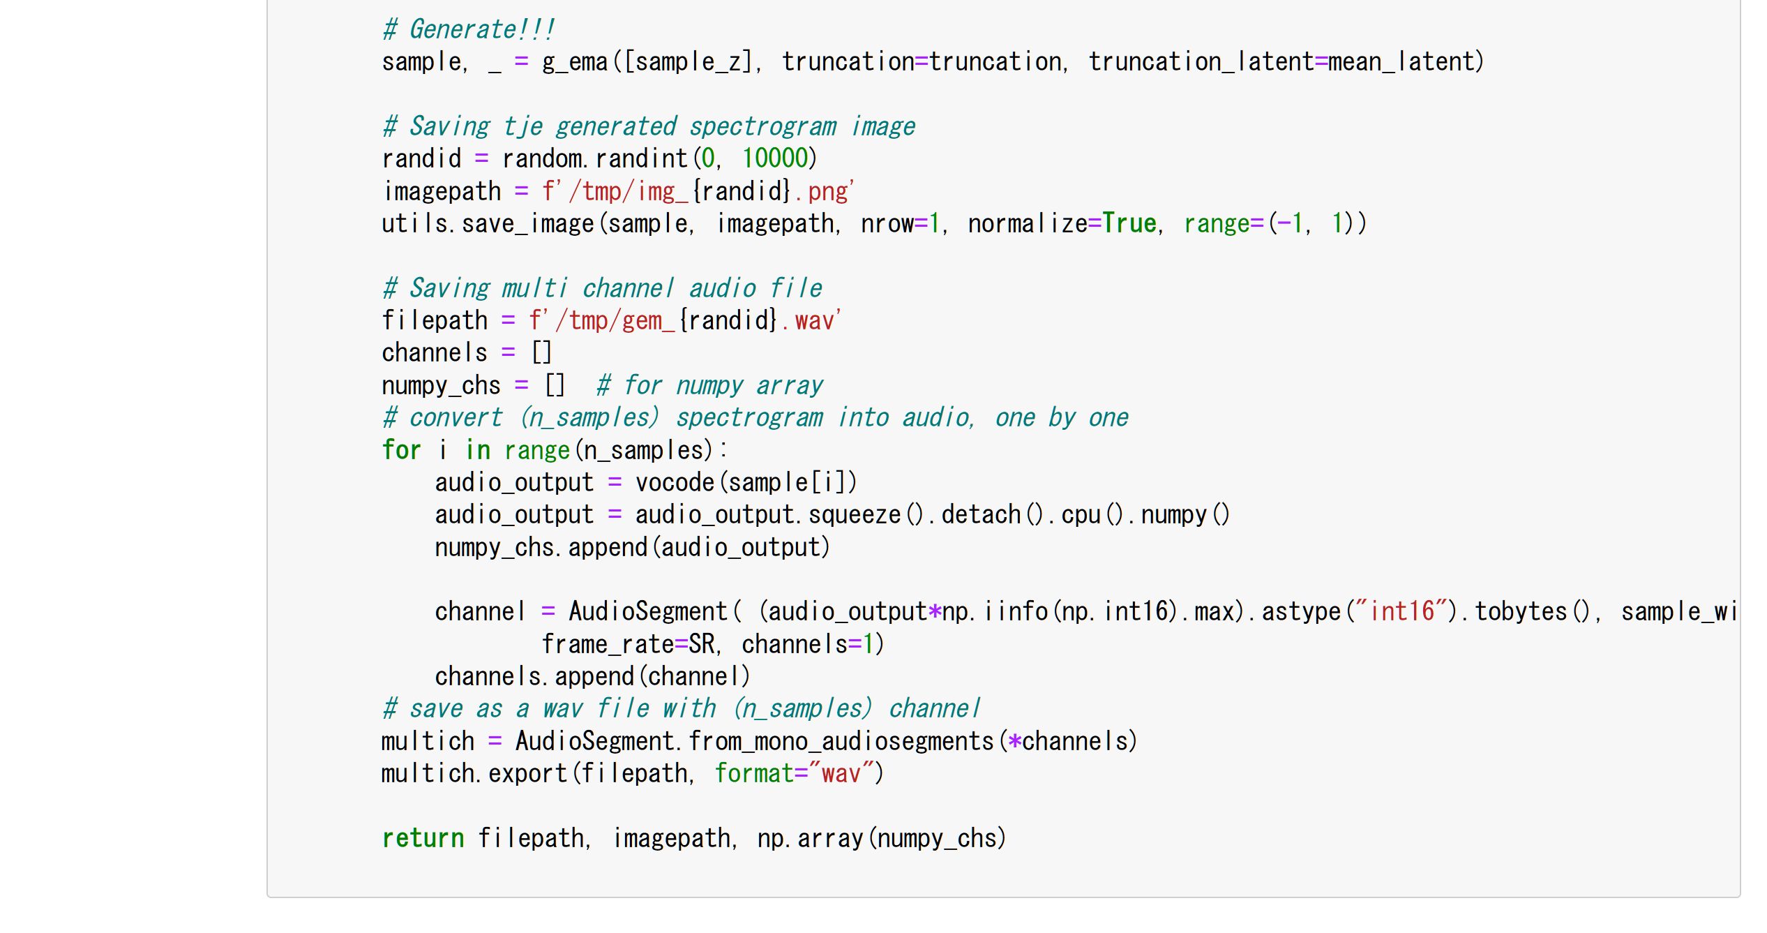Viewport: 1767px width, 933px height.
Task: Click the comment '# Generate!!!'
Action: click(468, 30)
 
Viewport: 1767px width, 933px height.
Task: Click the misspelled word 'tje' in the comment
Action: click(522, 127)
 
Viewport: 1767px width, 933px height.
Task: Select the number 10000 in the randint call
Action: click(774, 159)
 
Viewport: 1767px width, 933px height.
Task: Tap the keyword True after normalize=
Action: click(1129, 224)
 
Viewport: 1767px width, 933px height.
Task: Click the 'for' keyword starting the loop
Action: click(401, 451)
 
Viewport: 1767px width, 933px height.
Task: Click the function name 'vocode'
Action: click(675, 483)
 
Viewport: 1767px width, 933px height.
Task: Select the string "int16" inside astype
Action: click(1401, 612)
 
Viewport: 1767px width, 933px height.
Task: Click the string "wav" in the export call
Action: click(841, 774)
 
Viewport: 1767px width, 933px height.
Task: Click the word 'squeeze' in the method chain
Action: click(855, 515)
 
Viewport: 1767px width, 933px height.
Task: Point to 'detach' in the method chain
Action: click(981, 515)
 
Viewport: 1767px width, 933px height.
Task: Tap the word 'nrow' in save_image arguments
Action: click(887, 224)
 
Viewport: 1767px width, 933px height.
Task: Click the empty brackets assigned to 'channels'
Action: click(541, 353)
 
